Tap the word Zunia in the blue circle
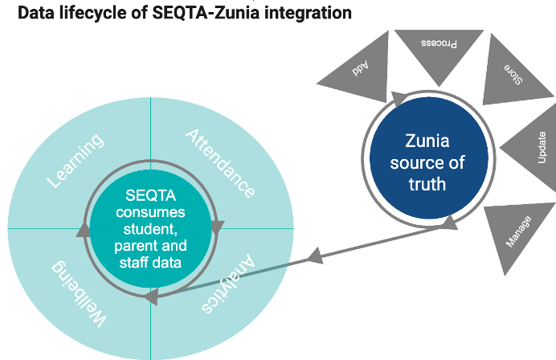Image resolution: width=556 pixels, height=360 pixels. [427, 142]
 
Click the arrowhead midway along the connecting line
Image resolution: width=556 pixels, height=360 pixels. [316, 256]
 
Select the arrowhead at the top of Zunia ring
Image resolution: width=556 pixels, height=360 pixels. [399, 98]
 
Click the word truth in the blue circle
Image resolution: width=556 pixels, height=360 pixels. [427, 183]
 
